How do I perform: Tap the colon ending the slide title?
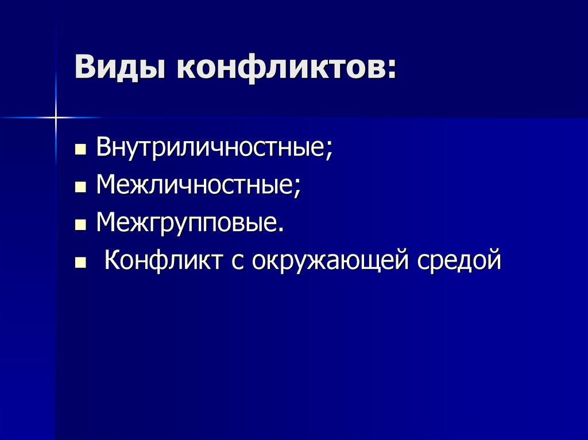click(x=392, y=72)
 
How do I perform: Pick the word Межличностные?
click(x=195, y=185)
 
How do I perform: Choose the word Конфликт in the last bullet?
click(x=163, y=260)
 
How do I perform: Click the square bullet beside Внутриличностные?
click(x=80, y=151)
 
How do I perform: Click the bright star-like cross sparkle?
click(x=56, y=118)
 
